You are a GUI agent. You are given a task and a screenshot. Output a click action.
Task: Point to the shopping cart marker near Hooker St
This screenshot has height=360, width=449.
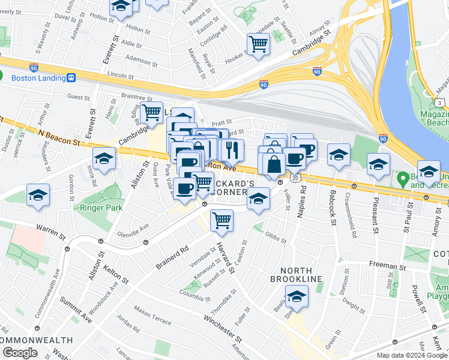tap(258, 44)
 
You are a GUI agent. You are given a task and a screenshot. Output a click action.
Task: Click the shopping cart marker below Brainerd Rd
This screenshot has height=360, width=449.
tap(222, 221)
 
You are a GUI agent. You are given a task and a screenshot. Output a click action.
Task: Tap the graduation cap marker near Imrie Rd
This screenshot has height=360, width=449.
tap(104, 160)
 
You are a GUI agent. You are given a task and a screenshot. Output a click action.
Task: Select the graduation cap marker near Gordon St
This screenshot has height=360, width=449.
tap(38, 196)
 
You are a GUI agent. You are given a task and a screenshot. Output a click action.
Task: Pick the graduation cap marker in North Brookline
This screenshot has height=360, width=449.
tap(297, 296)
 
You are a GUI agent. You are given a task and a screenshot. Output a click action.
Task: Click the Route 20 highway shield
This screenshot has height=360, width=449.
tap(295, 178)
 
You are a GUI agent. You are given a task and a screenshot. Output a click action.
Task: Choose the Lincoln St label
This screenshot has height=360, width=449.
tap(120, 76)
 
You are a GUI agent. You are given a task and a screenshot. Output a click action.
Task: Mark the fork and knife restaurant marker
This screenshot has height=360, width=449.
tap(232, 149)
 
